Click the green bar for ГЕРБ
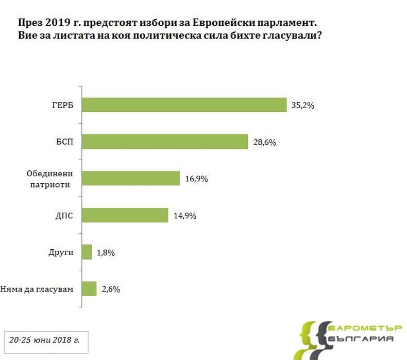(x=184, y=105)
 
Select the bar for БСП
(x=165, y=142)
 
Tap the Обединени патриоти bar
(x=131, y=178)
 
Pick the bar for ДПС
(x=125, y=215)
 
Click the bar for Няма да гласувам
(x=89, y=288)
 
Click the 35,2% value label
(x=302, y=105)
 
